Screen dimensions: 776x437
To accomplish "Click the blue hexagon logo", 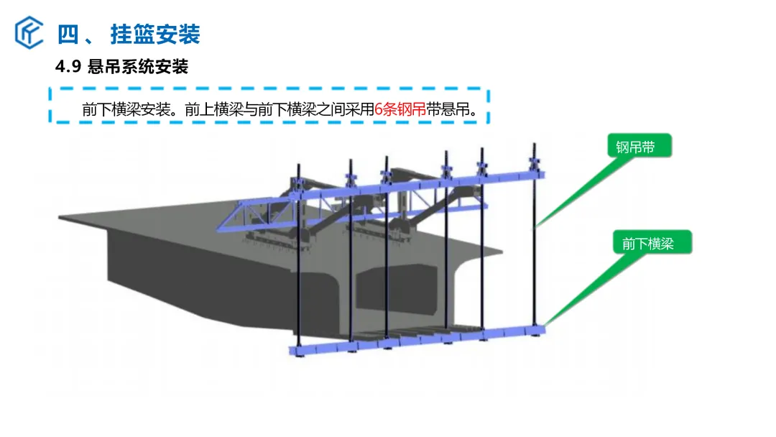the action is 29,32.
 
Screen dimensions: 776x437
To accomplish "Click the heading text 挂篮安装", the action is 155,34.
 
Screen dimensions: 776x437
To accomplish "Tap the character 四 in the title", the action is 68,34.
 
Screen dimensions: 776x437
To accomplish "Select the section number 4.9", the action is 68,66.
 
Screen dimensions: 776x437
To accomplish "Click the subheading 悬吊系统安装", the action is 138,66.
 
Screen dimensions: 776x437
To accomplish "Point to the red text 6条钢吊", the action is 400,109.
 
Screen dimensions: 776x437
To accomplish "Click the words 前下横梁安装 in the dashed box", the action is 126,109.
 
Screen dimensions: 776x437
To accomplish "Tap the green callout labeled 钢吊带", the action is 639,146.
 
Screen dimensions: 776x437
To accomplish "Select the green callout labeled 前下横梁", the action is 652,242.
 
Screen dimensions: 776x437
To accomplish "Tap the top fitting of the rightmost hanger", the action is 535,163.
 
